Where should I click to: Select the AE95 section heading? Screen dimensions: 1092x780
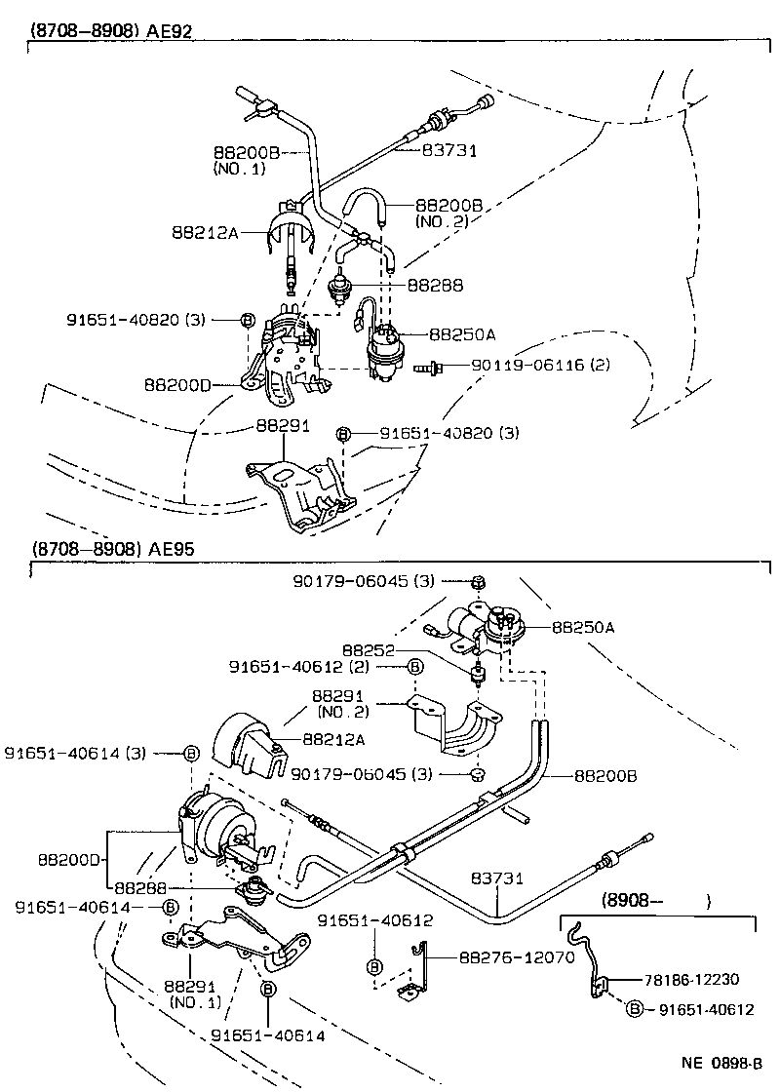(112, 549)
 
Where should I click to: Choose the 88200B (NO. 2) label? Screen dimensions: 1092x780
(448, 214)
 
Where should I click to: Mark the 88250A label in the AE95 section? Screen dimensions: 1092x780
(583, 628)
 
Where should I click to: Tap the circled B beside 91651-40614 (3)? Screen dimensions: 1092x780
(191, 753)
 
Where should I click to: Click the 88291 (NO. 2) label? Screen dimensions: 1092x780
(337, 705)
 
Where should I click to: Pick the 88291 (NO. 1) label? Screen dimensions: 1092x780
(194, 994)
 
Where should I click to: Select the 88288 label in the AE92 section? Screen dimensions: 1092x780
(435, 287)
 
